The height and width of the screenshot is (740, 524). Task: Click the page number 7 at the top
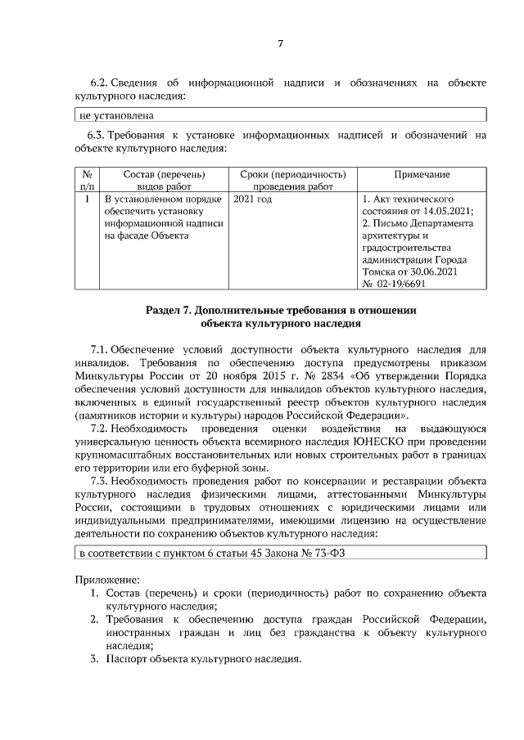(x=279, y=43)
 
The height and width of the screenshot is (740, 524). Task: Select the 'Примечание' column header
(x=421, y=174)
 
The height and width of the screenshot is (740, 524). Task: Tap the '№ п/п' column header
(x=86, y=181)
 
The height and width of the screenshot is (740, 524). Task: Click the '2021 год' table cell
(x=252, y=199)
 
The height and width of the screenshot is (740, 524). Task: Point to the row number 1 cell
(x=86, y=199)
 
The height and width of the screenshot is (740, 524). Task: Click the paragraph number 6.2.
(x=99, y=83)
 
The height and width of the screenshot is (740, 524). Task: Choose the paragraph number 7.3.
(x=99, y=481)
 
